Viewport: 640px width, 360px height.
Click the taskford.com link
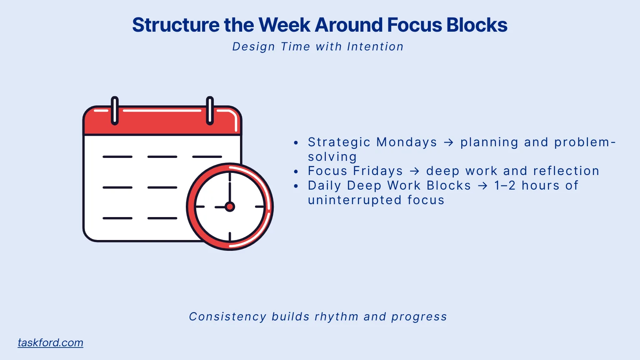tap(50, 342)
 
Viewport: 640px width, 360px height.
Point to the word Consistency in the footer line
tap(227, 317)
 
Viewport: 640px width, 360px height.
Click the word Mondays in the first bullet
tap(407, 142)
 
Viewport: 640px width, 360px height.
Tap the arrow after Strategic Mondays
tap(449, 142)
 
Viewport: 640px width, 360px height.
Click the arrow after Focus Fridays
tap(415, 171)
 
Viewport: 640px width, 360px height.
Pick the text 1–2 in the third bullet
tap(505, 185)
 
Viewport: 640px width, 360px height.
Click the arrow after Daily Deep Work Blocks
tap(482, 186)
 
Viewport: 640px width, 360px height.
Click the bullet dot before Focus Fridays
tap(296, 172)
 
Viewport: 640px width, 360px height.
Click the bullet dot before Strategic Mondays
tap(296, 143)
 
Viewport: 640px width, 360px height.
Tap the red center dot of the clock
tap(230, 207)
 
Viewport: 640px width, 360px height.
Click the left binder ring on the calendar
tap(115, 110)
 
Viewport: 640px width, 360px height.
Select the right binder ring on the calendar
tap(210, 110)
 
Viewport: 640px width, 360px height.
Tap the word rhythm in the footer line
tap(336, 317)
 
